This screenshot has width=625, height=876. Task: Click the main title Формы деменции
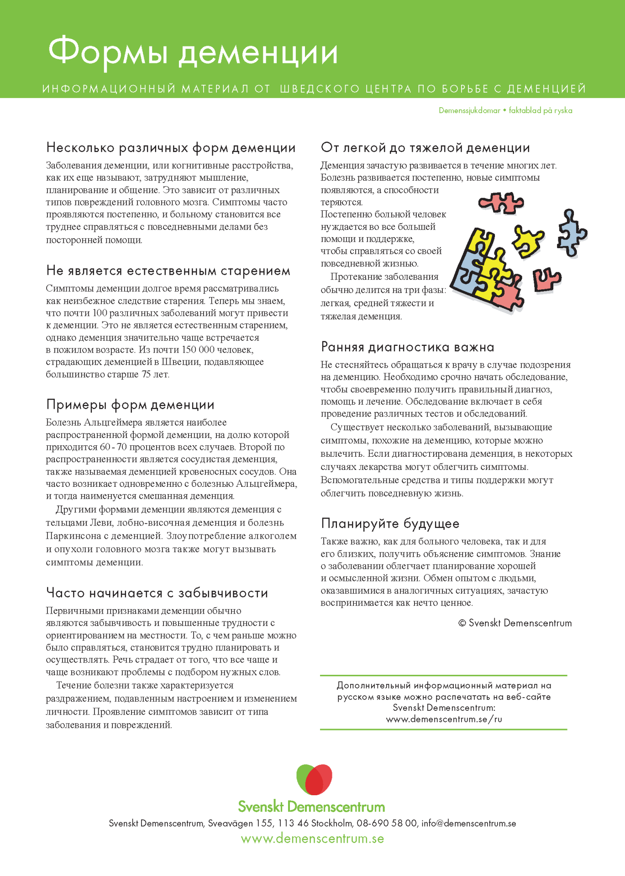click(x=193, y=52)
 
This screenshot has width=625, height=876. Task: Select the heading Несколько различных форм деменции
click(x=171, y=148)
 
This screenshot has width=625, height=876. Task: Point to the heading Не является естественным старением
click(x=168, y=271)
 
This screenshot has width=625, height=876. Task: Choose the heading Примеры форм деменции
click(x=130, y=405)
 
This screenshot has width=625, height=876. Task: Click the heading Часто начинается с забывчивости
click(x=157, y=593)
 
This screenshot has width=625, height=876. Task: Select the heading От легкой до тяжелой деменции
click(x=425, y=148)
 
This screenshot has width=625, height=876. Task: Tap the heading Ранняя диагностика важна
click(x=407, y=347)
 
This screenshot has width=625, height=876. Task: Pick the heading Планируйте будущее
click(x=390, y=523)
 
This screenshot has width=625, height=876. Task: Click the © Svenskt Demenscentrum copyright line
click(x=515, y=623)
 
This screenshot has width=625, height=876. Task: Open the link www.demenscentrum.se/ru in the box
click(x=444, y=720)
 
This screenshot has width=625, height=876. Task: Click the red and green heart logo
click(x=314, y=779)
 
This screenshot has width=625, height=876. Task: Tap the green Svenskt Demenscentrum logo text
click(x=311, y=807)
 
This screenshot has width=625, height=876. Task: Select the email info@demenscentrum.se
click(x=468, y=824)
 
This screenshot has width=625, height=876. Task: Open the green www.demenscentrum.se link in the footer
click(x=312, y=839)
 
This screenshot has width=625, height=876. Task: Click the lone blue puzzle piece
click(x=572, y=233)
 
